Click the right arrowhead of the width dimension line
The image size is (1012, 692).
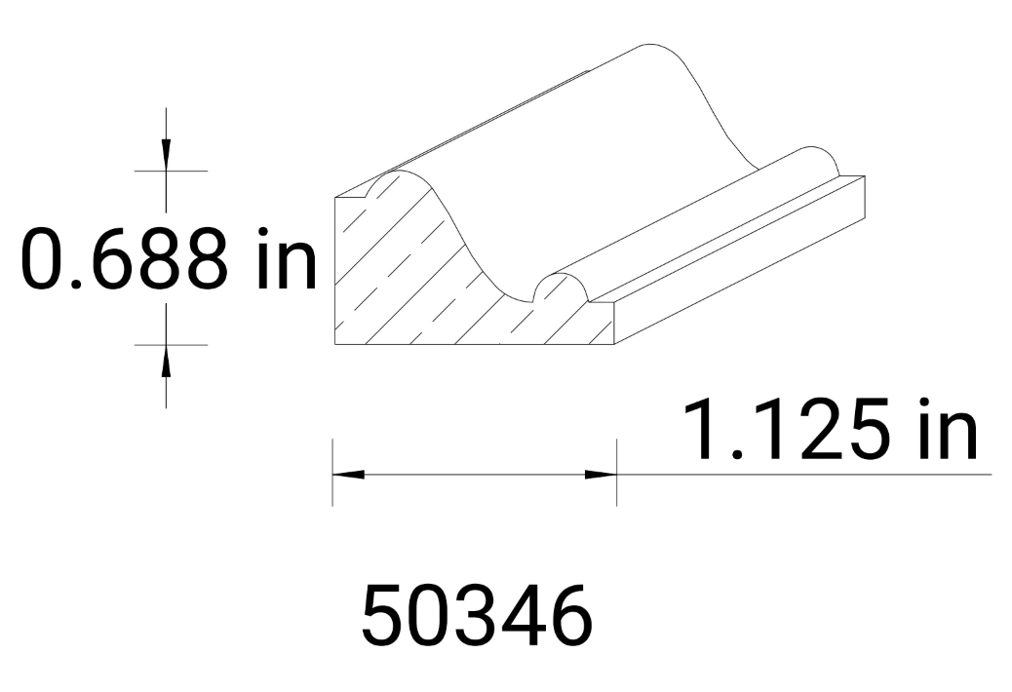(600, 475)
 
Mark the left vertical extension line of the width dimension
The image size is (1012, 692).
(333, 473)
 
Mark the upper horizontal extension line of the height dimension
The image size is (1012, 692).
(171, 171)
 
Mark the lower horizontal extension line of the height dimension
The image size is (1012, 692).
(171, 344)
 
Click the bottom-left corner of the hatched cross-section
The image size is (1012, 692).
(335, 346)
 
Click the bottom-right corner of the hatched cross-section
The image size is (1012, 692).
(616, 345)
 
